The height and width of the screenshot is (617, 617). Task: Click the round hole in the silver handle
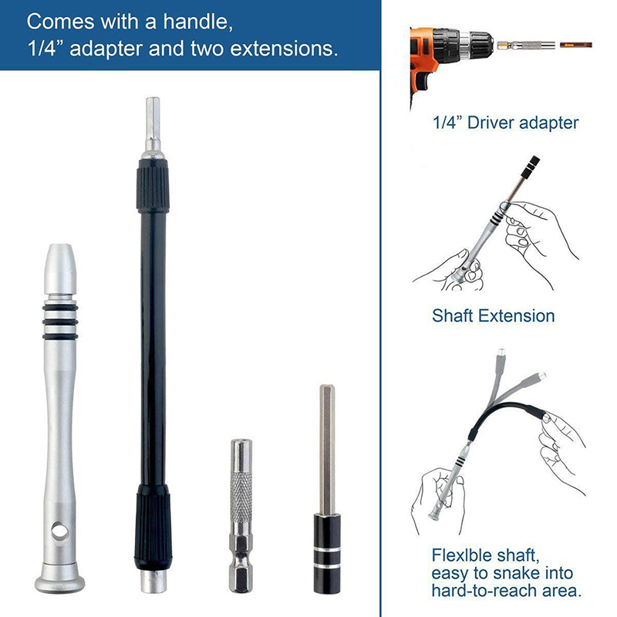click(59, 532)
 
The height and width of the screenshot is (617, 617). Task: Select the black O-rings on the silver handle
click(60, 322)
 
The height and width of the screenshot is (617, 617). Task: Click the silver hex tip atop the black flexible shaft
click(153, 126)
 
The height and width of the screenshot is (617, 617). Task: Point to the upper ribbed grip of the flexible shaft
click(153, 186)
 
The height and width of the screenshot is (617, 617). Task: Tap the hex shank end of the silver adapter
click(241, 567)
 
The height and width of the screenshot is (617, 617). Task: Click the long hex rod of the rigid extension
click(327, 450)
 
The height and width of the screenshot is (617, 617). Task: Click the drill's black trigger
click(425, 80)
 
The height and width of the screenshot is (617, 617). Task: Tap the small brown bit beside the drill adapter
click(576, 45)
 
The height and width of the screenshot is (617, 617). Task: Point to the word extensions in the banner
click(284, 49)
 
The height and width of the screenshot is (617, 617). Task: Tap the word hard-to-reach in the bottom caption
click(475, 591)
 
